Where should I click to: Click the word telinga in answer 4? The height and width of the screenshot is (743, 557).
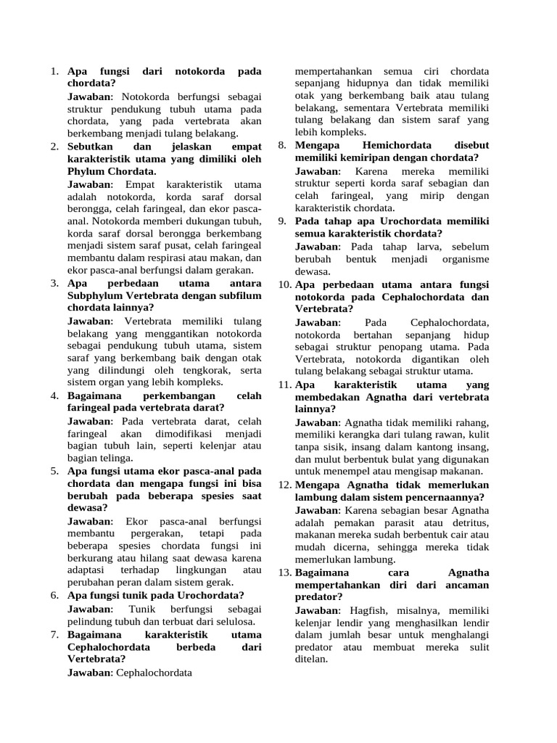[x=112, y=458]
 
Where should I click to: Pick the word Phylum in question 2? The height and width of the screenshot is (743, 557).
[x=88, y=171]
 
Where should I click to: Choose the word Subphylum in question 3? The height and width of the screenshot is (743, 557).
[x=97, y=295]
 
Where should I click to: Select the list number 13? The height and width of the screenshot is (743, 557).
[x=284, y=572]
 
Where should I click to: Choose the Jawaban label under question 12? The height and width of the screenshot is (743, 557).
[x=318, y=510]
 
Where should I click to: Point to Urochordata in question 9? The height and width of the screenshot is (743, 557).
[x=406, y=221]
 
